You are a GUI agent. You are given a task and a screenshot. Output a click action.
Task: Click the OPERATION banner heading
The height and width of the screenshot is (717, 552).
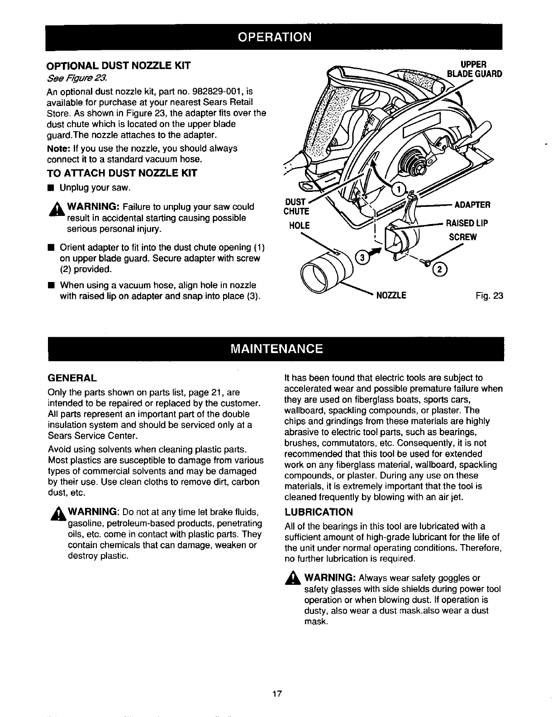point(276,37)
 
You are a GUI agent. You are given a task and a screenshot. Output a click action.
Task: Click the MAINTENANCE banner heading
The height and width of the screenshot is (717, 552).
point(276,349)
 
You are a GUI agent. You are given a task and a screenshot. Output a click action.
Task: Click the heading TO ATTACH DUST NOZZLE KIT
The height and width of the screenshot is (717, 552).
point(115,172)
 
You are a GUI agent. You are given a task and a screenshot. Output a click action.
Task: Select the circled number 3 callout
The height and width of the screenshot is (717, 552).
point(362,258)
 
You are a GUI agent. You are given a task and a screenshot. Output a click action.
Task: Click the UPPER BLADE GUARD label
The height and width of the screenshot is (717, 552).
point(473,69)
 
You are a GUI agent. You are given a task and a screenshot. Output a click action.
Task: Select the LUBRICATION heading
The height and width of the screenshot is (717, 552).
point(319,512)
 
